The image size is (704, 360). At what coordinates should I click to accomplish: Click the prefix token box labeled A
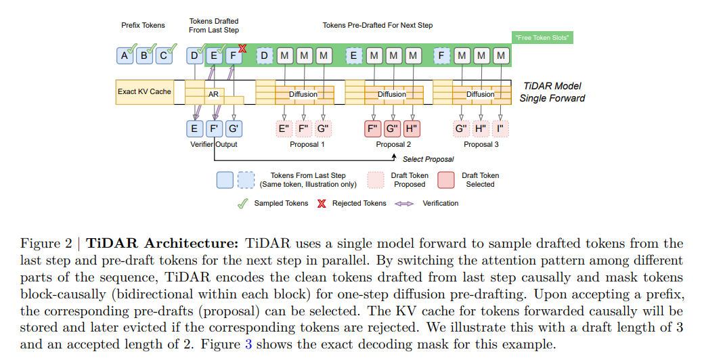click(x=125, y=56)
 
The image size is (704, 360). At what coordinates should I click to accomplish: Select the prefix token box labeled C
click(x=162, y=56)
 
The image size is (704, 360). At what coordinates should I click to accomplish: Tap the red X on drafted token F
click(x=242, y=48)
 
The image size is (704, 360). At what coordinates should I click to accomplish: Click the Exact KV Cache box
click(x=144, y=91)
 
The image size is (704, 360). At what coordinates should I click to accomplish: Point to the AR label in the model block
click(x=213, y=95)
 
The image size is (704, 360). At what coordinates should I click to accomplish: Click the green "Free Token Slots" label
click(x=542, y=38)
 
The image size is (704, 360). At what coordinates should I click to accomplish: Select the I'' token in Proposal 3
click(x=500, y=128)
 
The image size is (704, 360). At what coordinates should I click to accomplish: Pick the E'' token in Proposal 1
click(x=284, y=128)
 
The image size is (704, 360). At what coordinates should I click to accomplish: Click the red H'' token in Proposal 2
click(x=412, y=128)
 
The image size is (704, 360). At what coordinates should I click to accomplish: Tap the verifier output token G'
click(x=234, y=128)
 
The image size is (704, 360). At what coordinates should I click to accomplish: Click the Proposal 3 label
click(x=481, y=144)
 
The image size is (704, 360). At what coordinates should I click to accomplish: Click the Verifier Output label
click(x=213, y=144)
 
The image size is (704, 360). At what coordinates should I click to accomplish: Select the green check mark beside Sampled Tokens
click(x=242, y=203)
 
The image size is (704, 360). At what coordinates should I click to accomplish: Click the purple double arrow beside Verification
click(x=404, y=203)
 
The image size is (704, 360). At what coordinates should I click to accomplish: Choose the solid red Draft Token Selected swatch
click(x=446, y=179)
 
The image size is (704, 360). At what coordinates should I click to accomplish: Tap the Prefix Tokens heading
click(x=143, y=25)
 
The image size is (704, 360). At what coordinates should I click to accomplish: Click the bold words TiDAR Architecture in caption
click(x=162, y=243)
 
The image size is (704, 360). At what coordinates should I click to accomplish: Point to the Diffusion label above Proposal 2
click(x=391, y=95)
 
